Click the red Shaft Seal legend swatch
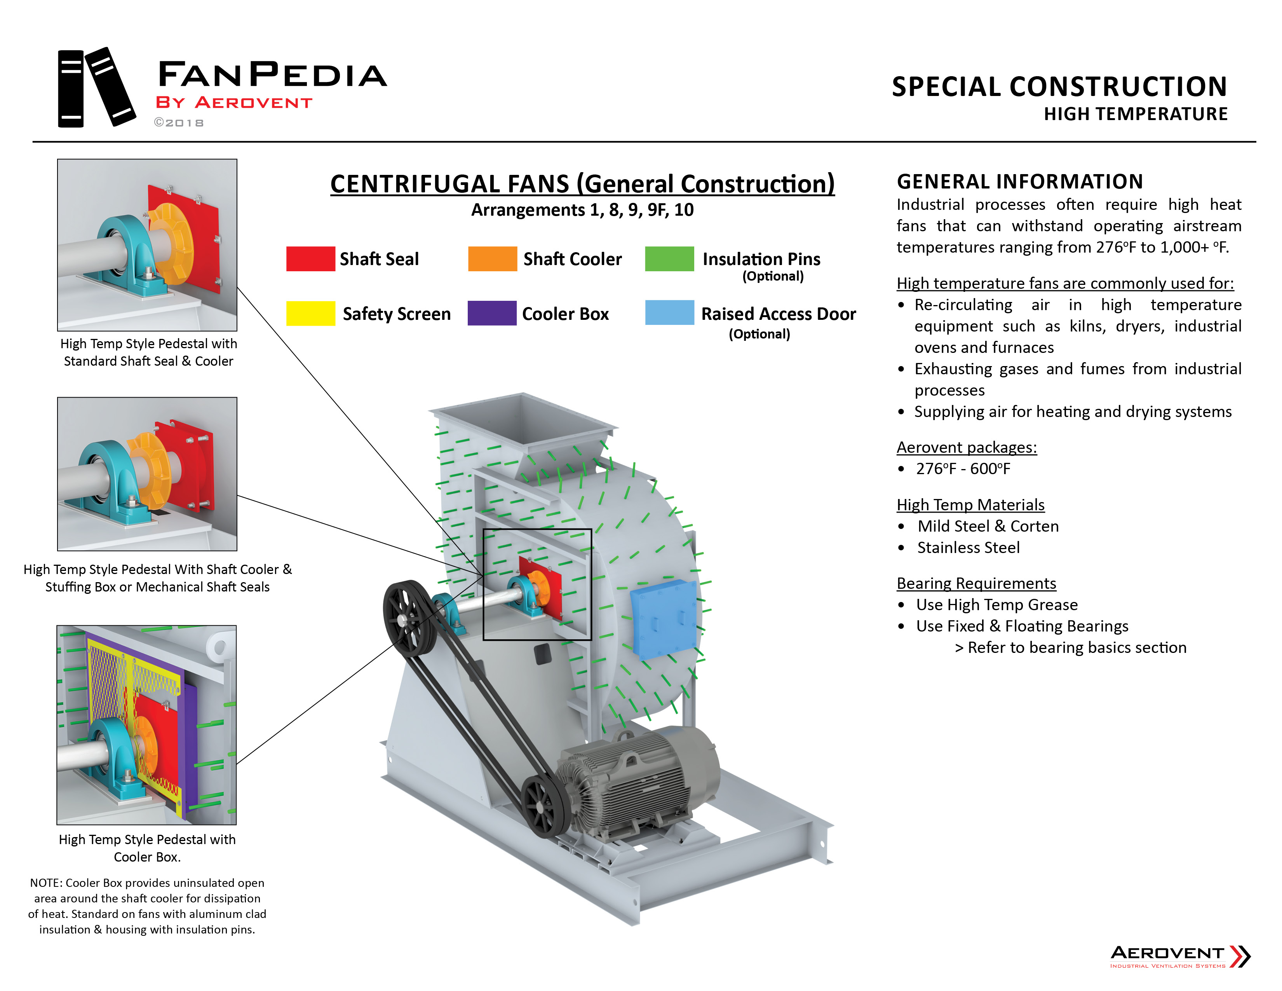tap(310, 259)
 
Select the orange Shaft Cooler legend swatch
tap(492, 259)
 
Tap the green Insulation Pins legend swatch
tap(669, 259)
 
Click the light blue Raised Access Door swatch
tap(669, 313)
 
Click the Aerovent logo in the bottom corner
tap(1180, 956)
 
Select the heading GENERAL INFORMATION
tap(1020, 182)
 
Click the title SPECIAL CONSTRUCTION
tap(1059, 87)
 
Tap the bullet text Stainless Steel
tap(968, 548)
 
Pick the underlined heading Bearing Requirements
tap(976, 584)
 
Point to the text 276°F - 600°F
tap(963, 469)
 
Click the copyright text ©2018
tap(179, 123)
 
